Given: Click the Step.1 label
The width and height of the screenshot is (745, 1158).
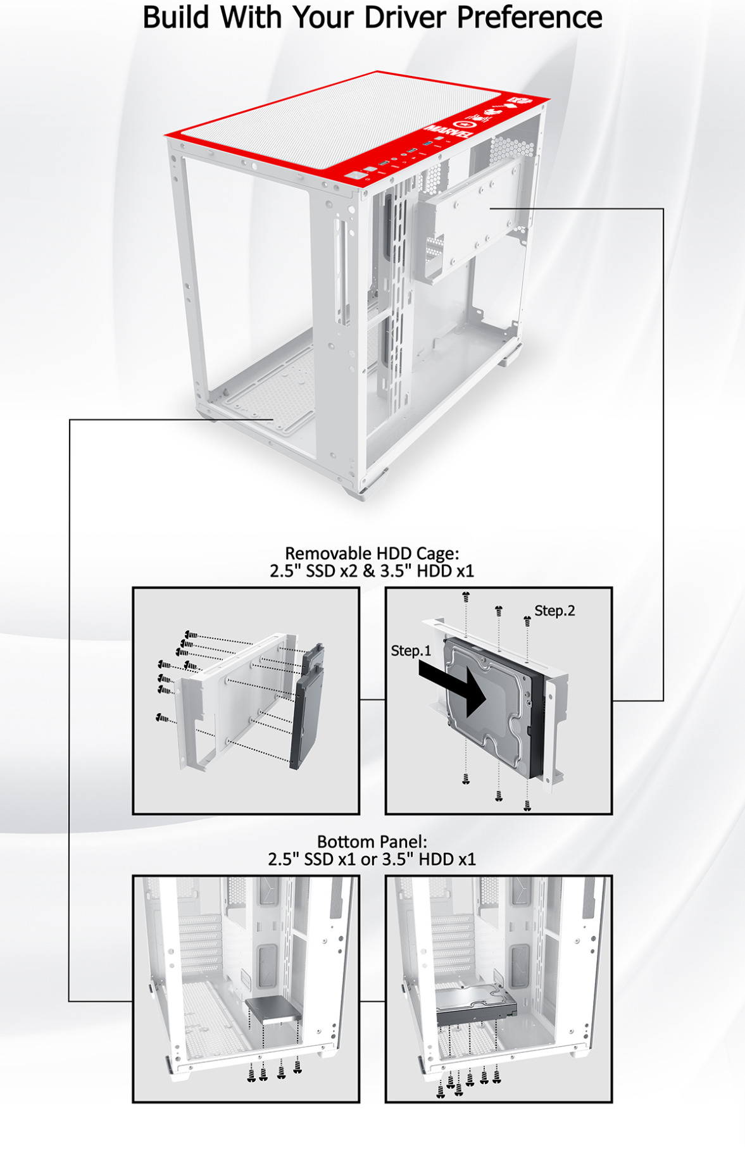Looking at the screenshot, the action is (410, 651).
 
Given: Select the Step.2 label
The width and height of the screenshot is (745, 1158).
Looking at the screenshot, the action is (554, 611).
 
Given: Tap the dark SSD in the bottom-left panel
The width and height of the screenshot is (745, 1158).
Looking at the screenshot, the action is (273, 1010).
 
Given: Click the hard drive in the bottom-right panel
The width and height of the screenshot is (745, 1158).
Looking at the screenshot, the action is (476, 1006).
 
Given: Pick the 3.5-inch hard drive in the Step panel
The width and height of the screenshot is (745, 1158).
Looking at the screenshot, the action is (494, 709).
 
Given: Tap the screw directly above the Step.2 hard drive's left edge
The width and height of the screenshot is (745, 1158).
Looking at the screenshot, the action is (466, 596).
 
